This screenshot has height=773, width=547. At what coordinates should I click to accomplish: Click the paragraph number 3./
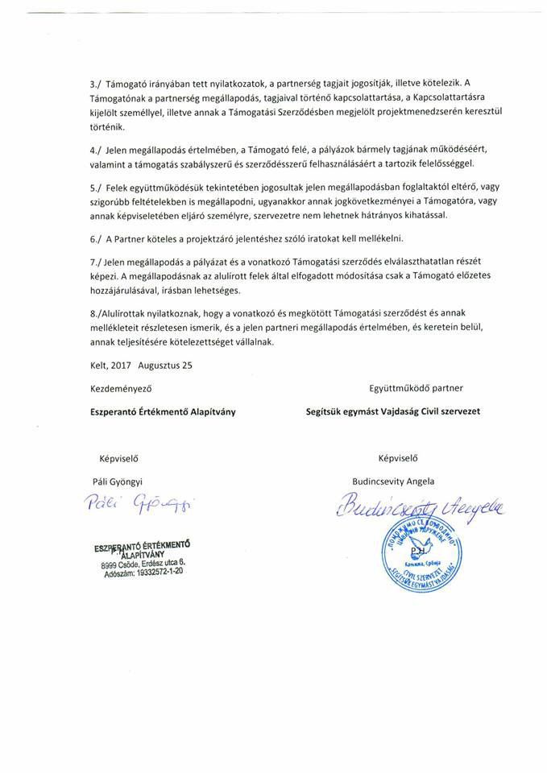pyautogui.click(x=96, y=83)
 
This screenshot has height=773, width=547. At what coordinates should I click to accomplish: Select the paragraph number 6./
pyautogui.click(x=96, y=239)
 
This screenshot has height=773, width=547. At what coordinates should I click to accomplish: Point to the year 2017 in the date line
pyautogui.click(x=125, y=365)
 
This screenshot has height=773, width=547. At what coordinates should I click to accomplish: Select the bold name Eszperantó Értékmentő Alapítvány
pyautogui.click(x=163, y=411)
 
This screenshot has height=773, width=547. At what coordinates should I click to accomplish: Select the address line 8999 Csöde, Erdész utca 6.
pyautogui.click(x=144, y=565)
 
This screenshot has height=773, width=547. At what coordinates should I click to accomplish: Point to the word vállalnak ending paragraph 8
pyautogui.click(x=250, y=342)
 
